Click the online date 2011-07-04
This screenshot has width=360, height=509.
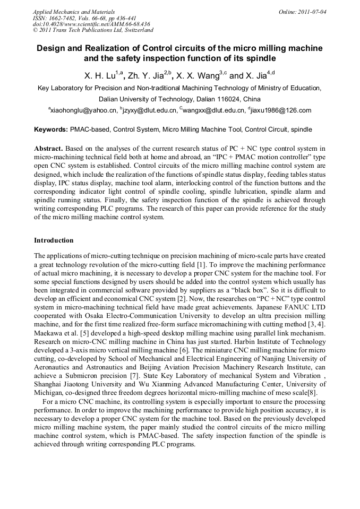pos(312,12)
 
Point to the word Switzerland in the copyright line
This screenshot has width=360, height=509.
pos(134,31)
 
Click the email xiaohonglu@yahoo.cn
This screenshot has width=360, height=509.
pos(82,110)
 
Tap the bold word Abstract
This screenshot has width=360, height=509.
pos(48,148)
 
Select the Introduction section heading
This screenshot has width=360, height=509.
pos(54,240)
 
